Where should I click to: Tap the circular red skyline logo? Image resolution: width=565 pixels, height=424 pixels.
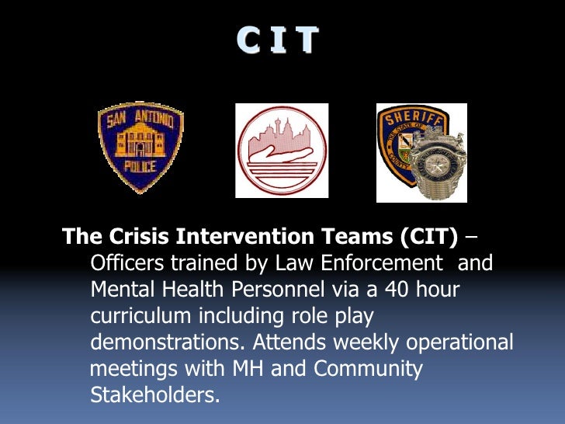[x=282, y=150]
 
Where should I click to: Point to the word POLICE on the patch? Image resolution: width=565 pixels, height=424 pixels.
[x=140, y=166]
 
